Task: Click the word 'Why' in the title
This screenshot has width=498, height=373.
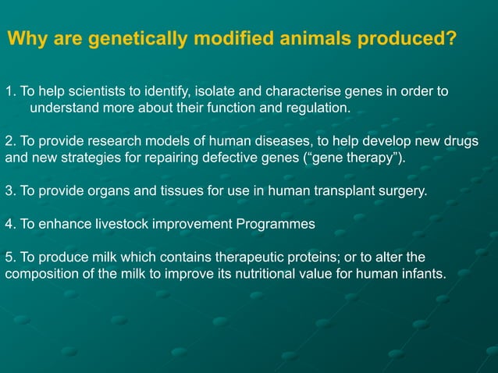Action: click(x=26, y=39)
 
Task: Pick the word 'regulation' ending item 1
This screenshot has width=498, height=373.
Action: click(x=318, y=107)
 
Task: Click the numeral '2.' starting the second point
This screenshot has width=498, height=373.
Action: click(x=10, y=140)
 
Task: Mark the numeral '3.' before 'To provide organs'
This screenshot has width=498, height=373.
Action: click(x=10, y=190)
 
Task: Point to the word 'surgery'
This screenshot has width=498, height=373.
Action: click(x=404, y=190)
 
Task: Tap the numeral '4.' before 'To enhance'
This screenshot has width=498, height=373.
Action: click(x=10, y=224)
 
